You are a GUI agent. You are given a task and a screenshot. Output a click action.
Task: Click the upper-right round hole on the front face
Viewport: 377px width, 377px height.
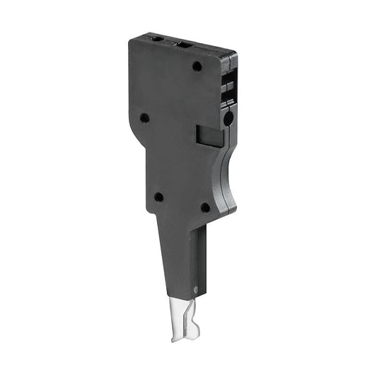[x=197, y=66]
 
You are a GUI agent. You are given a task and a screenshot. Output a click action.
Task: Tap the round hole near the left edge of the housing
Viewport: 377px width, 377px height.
[x=144, y=118]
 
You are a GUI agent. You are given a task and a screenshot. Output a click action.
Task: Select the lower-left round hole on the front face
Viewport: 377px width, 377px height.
[x=158, y=197]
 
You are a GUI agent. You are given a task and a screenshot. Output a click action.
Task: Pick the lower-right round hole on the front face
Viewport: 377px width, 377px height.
[x=205, y=207]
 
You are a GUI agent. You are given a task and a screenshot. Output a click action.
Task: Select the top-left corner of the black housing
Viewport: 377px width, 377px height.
[x=130, y=40]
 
